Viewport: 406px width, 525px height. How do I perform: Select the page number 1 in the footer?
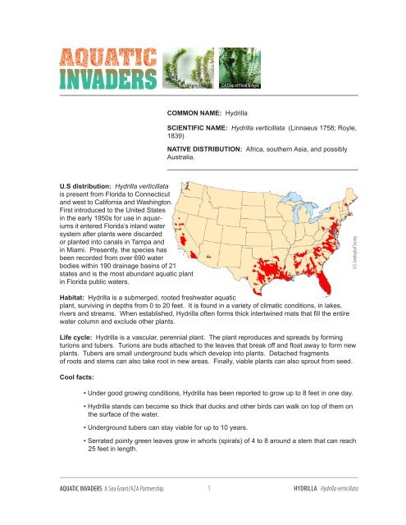tap(211, 510)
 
